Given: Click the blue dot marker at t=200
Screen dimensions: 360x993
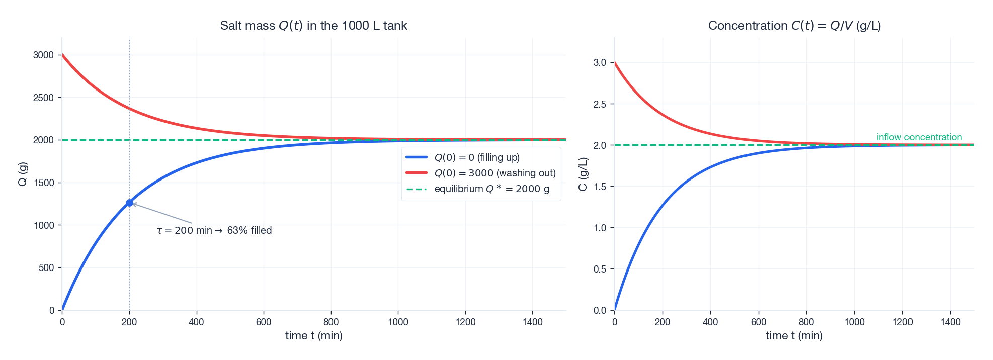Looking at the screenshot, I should (129, 203).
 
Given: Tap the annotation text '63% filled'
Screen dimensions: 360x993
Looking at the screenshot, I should (249, 230).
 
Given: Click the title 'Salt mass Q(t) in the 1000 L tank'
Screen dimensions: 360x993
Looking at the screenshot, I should (313, 26).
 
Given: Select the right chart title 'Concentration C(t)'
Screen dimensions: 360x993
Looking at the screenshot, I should (794, 26).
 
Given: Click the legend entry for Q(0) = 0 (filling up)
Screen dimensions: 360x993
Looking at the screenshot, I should (476, 157).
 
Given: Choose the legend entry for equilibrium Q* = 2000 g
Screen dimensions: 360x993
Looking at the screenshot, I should (491, 189).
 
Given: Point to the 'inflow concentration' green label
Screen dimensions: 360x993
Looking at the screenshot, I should (919, 137).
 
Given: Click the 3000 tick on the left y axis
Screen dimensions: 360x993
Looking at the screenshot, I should (43, 55).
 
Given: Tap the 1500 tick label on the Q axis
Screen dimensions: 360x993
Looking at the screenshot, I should (43, 183).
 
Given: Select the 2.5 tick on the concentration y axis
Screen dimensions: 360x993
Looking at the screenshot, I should (600, 104).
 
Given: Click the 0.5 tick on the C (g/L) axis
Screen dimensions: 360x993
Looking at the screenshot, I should (600, 269).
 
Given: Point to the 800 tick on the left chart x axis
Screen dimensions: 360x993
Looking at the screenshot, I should (331, 322).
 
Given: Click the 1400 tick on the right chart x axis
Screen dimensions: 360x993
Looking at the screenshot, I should (950, 322).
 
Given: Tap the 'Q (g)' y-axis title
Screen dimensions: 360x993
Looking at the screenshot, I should (22, 174).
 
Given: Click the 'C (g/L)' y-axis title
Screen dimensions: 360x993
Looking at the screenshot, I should (583, 174).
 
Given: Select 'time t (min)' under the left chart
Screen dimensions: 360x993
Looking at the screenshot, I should (313, 335).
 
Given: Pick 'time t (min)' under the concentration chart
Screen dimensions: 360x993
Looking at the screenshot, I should (794, 335).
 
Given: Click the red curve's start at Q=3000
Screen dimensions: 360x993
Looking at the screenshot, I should (63, 55).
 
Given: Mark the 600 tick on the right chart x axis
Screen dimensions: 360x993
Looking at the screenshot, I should (758, 322).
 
